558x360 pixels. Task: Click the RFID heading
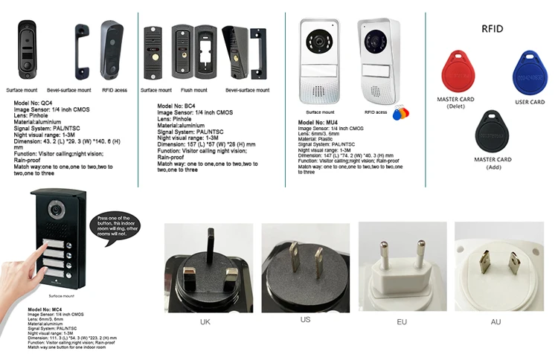pos(493,29)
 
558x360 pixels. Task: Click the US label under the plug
pos(305,319)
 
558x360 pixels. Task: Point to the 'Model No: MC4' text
pos(45,309)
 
